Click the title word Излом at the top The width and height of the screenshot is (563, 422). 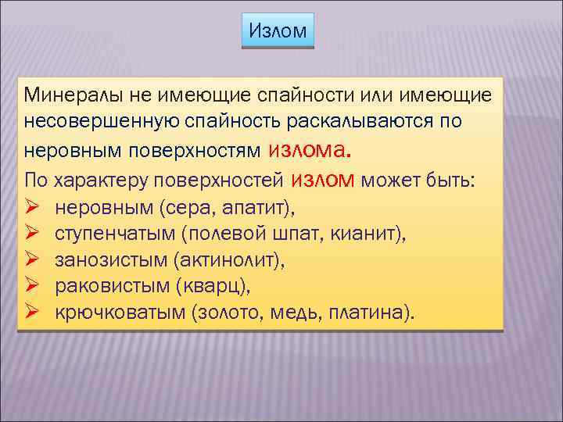(278, 32)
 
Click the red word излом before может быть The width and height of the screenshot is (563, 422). (324, 180)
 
